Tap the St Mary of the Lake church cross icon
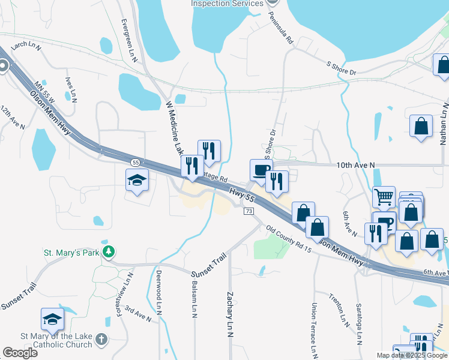tap(102, 340)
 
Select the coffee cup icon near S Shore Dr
tap(261, 170)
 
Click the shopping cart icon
tap(384, 197)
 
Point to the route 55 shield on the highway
tap(136, 163)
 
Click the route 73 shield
tap(249, 212)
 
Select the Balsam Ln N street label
tap(194, 301)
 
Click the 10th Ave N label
tap(355, 164)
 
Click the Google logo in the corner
tap(20, 353)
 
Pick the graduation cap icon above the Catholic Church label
tap(52, 319)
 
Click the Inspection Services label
tap(227, 4)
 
